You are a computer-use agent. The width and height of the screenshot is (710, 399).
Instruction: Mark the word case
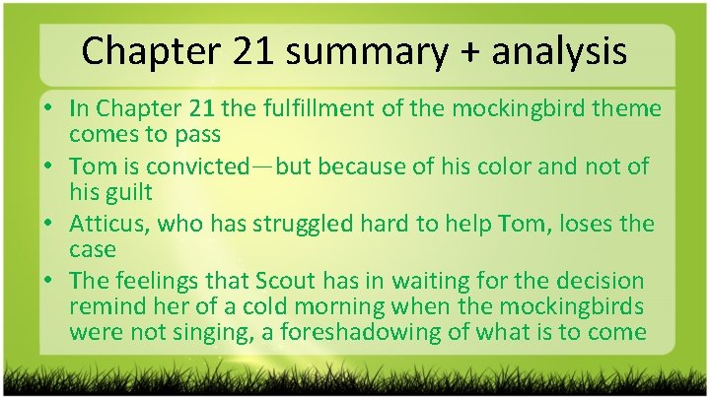[x=93, y=248]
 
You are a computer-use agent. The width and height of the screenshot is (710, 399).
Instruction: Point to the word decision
[x=602, y=282]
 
